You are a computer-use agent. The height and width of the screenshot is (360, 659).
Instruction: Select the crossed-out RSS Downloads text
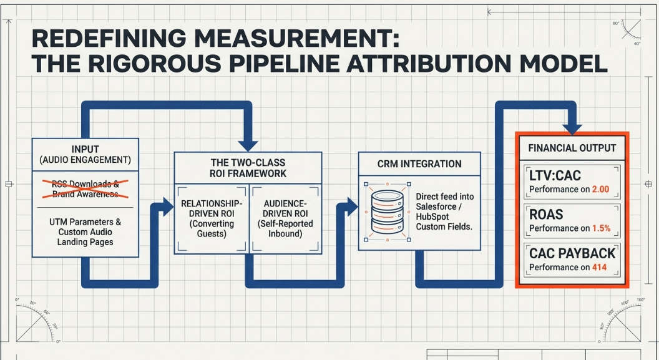coord(85,188)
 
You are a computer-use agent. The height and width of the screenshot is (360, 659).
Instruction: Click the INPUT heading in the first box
coord(85,149)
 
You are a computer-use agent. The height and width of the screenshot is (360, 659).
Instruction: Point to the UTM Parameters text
coord(85,232)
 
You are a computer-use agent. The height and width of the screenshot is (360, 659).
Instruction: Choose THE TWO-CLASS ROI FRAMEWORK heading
coord(248,168)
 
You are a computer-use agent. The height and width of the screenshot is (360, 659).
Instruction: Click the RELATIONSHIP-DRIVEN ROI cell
coord(212,218)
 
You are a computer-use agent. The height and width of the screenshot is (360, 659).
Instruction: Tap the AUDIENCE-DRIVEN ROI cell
coord(285,218)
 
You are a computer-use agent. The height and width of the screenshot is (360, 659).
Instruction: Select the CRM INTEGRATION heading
coord(419,164)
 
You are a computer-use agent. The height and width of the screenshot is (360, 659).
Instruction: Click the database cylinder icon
coord(388,212)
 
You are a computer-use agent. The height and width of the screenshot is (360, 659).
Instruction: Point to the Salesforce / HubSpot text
coord(445,212)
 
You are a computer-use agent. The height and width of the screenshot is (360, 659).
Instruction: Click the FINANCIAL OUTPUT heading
coord(572,148)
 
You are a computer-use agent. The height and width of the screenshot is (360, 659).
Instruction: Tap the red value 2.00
coord(600,190)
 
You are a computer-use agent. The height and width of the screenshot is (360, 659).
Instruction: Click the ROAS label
coord(546,215)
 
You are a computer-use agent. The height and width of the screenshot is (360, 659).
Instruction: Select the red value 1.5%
coord(602,228)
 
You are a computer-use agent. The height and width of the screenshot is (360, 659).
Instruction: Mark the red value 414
coord(599,268)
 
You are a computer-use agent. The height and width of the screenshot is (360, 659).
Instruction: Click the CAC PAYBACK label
coord(572,254)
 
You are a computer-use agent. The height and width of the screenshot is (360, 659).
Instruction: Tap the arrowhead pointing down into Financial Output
coord(572,129)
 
